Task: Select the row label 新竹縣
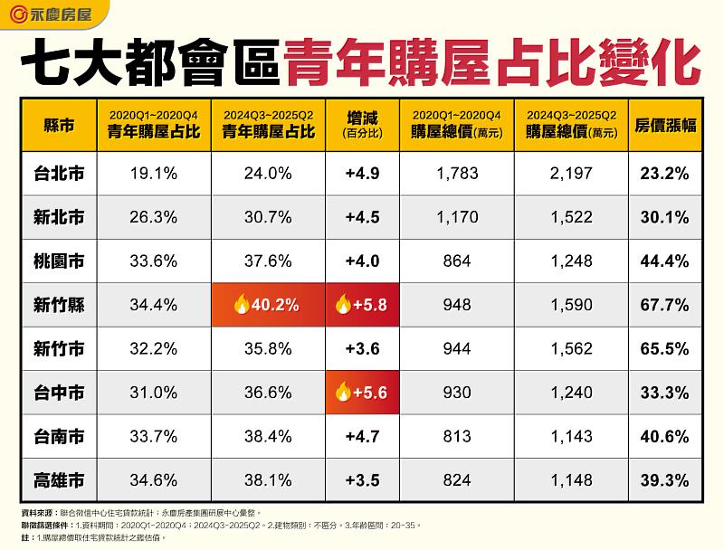pos(58,305)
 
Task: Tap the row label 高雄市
pos(58,479)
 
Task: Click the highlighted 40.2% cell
pos(267,305)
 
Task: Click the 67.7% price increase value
pos(664,305)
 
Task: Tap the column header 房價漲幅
pos(665,125)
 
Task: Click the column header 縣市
pos(58,125)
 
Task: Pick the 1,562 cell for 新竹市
pos(571,348)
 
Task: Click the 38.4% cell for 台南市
pos(267,436)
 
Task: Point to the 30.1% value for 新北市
pos(664,217)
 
